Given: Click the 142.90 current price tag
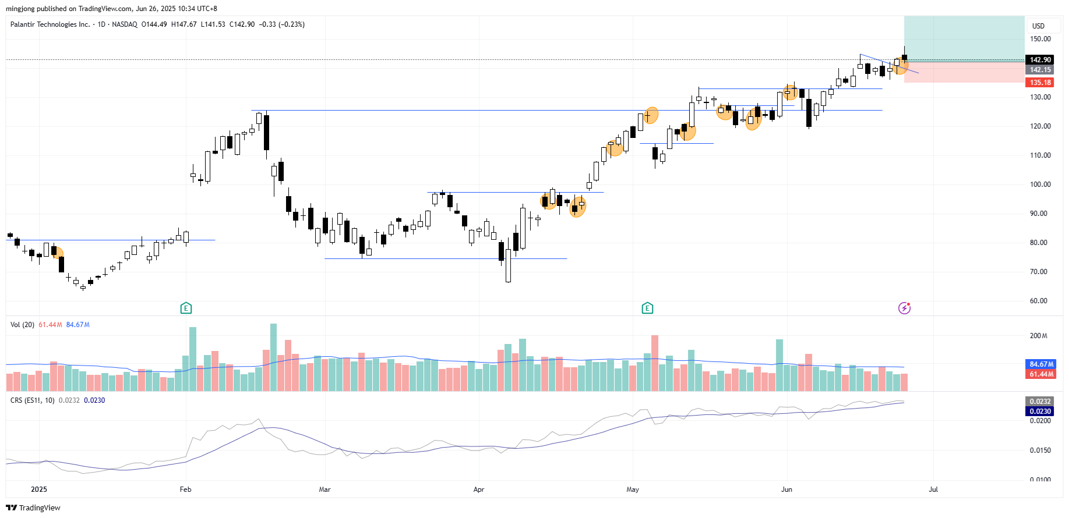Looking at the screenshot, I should click(1040, 60).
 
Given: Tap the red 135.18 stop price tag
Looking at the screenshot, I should click(1040, 83).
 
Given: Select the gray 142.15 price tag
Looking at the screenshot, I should click(1040, 70).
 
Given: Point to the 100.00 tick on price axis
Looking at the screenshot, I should click(1040, 185).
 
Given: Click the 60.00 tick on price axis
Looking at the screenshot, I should click(1038, 301).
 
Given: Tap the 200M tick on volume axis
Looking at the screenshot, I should click(1038, 336).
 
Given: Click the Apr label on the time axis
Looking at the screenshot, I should click(478, 489).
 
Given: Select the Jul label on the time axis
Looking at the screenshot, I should click(933, 489).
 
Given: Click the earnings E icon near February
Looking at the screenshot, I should click(186, 308).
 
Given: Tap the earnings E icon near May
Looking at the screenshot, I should click(647, 308).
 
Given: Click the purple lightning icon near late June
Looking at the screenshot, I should click(904, 308).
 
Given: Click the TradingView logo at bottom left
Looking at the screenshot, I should click(33, 508).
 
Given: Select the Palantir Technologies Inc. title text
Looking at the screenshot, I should click(50, 24).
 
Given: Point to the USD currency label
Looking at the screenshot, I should click(1038, 26).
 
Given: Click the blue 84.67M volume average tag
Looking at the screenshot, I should click(1040, 364).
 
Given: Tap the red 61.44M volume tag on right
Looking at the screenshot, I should click(1040, 374).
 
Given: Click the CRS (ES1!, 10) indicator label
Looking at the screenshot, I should click(33, 400).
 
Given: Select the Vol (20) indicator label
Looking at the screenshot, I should click(22, 325).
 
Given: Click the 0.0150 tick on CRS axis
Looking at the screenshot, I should click(1040, 450).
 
